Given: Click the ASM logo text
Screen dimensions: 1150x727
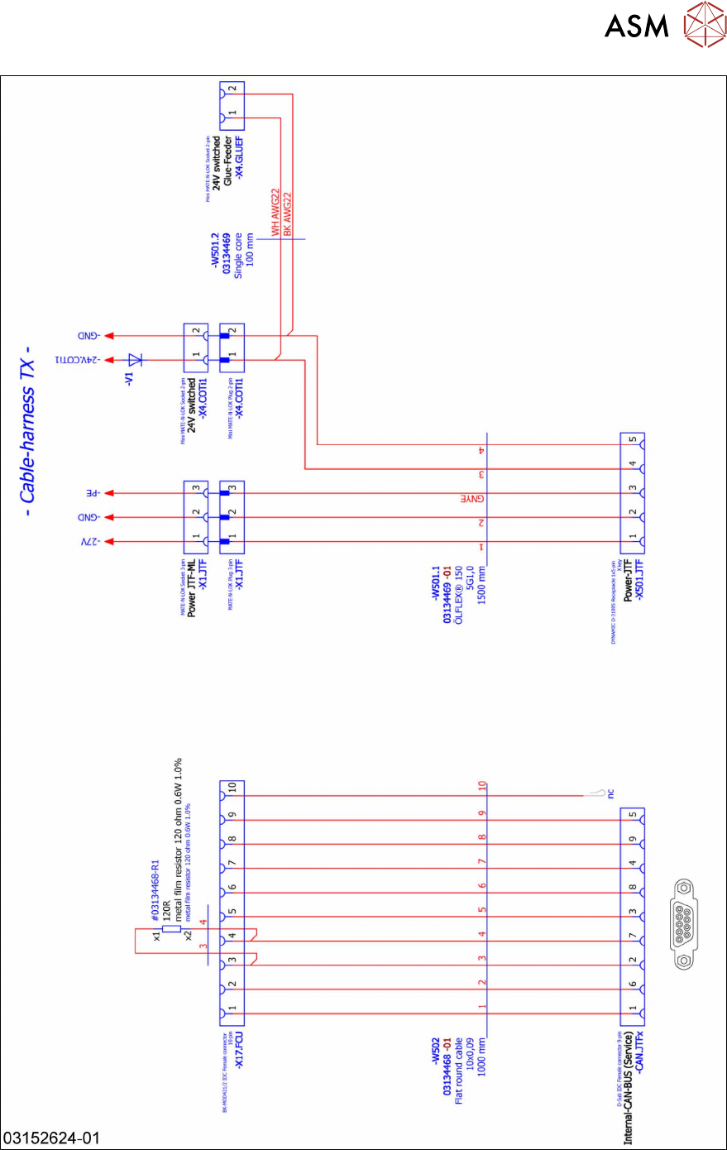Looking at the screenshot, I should click(636, 26).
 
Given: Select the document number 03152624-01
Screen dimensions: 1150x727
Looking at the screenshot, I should click(51, 1138).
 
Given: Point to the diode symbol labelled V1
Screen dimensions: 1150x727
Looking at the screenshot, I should click(135, 360).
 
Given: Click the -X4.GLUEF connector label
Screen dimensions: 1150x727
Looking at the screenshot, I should click(239, 158).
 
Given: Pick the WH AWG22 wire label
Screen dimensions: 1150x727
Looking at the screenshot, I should click(275, 212).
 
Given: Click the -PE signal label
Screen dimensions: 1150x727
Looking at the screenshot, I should click(90, 493).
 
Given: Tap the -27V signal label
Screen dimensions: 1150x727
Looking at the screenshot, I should click(90, 542).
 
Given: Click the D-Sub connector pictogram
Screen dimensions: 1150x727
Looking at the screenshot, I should click(683, 923).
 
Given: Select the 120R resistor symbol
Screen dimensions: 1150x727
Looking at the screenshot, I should click(171, 928).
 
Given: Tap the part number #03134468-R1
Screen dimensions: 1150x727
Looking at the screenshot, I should click(155, 891).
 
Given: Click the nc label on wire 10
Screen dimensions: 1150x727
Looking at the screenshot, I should click(610, 793).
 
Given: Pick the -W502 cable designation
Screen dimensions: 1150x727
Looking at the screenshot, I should click(436, 1051).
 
